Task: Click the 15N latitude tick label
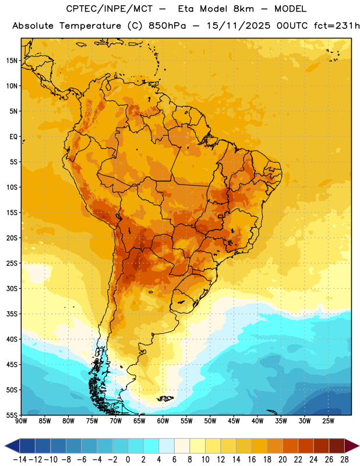[12, 61]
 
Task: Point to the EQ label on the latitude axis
[13, 137]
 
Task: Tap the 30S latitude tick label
[12, 288]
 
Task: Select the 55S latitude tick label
[12, 415]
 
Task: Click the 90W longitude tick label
[21, 421]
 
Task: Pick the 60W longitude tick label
[163, 421]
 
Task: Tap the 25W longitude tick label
[328, 421]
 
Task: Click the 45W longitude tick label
[234, 421]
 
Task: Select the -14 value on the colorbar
[20, 460]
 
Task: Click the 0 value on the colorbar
[128, 460]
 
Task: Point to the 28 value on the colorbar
[344, 460]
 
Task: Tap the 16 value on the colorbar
[252, 460]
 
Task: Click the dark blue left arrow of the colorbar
[12, 446]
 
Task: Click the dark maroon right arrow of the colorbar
[352, 446]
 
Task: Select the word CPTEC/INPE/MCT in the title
[110, 9]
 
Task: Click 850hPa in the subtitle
[167, 26]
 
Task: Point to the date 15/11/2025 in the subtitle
[238, 26]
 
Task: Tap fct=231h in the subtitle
[337, 26]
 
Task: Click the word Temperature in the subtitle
[90, 26]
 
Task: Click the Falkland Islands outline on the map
[165, 398]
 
